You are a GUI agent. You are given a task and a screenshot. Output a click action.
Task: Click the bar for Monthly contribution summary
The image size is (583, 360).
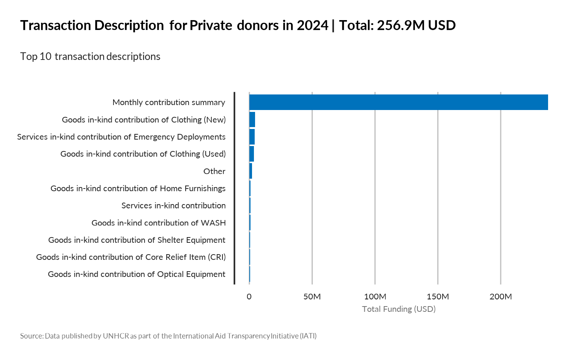(399, 102)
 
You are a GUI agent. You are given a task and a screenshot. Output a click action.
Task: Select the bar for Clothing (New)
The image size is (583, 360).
(252, 119)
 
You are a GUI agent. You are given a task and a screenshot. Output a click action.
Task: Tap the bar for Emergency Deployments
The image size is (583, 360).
(252, 137)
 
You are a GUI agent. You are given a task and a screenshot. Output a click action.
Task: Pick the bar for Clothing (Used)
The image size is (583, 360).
(251, 154)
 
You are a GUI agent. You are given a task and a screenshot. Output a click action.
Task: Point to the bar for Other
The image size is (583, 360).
(251, 171)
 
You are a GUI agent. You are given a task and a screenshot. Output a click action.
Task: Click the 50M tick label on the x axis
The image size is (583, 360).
(312, 297)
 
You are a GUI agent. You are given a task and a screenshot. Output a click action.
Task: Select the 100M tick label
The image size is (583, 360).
(375, 297)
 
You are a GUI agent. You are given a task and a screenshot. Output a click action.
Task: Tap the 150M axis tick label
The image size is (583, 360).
(438, 297)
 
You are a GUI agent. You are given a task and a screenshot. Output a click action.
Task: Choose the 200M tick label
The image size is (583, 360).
(501, 297)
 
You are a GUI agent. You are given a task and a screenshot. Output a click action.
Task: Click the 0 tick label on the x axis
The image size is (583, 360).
(249, 297)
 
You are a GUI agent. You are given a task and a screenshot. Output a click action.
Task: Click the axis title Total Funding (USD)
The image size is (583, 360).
(399, 309)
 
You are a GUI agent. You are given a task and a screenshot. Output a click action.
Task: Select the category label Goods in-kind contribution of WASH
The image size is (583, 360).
(159, 223)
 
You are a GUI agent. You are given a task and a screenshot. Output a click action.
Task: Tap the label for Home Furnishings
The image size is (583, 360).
(138, 189)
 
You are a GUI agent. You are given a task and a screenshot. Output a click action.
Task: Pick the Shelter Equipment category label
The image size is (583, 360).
(137, 240)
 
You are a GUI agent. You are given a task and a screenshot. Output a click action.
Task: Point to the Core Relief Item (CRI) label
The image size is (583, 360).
(131, 257)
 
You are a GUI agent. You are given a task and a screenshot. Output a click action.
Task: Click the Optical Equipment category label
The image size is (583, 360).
(137, 274)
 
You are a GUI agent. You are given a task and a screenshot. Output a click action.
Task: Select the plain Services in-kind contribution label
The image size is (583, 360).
(173, 206)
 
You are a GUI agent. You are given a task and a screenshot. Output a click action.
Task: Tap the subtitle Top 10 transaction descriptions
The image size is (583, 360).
(90, 57)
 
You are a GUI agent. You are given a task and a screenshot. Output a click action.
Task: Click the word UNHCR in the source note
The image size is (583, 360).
(116, 336)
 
